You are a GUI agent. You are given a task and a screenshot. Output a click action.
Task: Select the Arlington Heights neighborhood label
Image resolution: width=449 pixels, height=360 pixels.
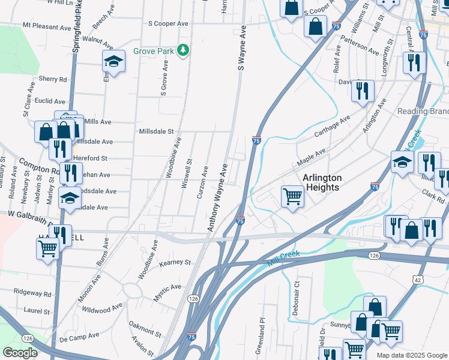click(322, 182)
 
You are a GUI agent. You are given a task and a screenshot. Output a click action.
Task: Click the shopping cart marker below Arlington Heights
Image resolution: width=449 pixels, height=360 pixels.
click(292, 195)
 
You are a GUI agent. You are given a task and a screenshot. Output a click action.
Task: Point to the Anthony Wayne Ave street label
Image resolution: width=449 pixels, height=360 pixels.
click(218, 197)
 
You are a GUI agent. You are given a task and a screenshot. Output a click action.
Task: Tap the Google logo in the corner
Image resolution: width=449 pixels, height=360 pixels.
click(20, 352)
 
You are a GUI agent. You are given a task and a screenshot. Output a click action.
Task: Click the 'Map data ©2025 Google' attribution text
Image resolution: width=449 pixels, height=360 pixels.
click(411, 355)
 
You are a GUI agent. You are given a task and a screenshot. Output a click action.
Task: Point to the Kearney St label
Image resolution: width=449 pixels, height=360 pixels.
click(175, 263)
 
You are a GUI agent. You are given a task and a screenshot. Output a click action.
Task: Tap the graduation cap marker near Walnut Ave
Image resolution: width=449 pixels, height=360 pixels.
click(112, 62)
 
